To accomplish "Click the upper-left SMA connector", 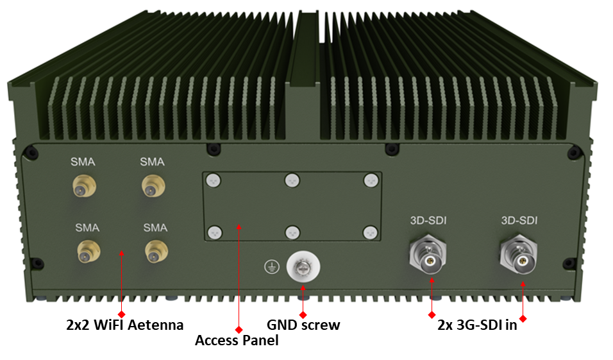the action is [x=84, y=186].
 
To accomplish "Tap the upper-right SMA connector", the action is [x=153, y=186].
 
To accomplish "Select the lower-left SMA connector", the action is [x=88, y=252].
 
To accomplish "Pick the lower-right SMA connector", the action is [x=156, y=251].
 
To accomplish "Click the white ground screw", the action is [x=303, y=266].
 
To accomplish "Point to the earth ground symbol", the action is [x=272, y=267].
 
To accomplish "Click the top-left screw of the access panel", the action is [x=214, y=181].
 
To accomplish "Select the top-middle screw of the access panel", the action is [x=292, y=181].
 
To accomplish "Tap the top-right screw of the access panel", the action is [x=371, y=181].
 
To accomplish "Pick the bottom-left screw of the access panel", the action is [x=215, y=233].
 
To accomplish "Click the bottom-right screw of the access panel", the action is [x=370, y=233].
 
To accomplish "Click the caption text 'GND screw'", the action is [x=303, y=325].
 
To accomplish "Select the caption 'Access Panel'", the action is [x=237, y=340].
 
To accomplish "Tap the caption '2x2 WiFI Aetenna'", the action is [x=124, y=325].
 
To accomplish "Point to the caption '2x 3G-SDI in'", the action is [x=477, y=325].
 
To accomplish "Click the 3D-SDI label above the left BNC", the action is [x=428, y=220].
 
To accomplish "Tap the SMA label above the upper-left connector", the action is [x=83, y=162].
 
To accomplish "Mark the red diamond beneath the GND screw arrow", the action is [x=303, y=315].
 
